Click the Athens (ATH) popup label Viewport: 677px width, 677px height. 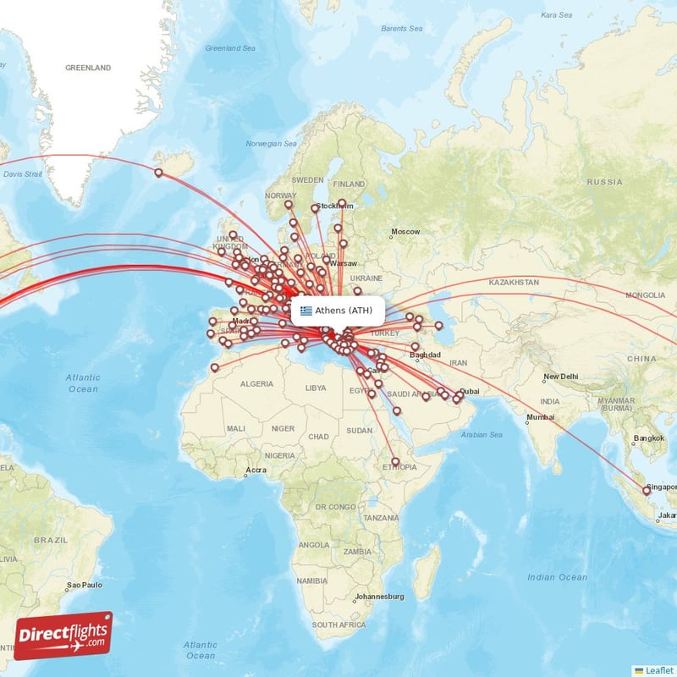(x=342, y=311)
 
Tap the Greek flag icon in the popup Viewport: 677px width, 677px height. (x=305, y=311)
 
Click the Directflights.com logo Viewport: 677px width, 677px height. (x=63, y=636)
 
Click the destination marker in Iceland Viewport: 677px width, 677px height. (x=158, y=173)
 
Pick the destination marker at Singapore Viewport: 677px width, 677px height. (x=647, y=490)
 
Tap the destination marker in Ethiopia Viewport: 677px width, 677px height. (x=395, y=461)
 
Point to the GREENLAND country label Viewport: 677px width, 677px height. (x=88, y=67)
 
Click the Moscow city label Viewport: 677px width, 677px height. (x=405, y=232)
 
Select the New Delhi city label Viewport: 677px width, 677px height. (x=559, y=377)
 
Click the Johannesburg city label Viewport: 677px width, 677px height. (x=382, y=597)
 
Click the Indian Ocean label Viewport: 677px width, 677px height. (x=556, y=577)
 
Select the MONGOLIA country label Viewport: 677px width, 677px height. (x=645, y=295)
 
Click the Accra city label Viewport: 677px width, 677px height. (x=255, y=470)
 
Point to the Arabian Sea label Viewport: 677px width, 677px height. (x=482, y=434)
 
